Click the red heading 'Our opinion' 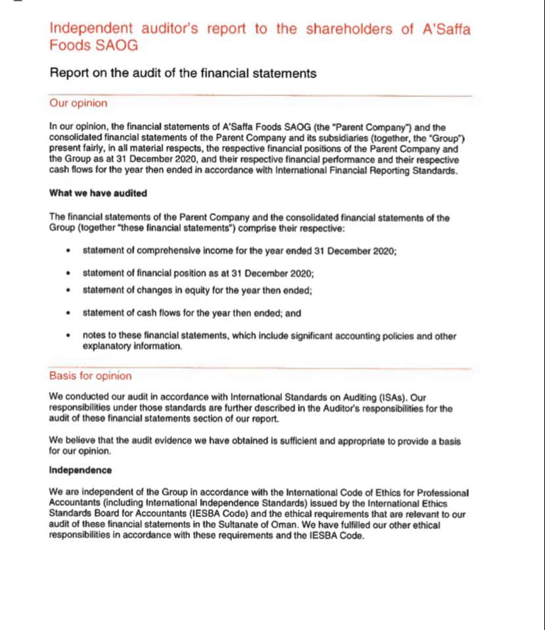coord(78,103)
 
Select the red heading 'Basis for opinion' coord(90,376)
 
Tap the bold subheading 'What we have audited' coord(98,193)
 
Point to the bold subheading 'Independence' coord(80,470)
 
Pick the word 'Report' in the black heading coord(70,73)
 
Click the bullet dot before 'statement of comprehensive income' coord(68,251)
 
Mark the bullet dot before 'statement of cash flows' coord(68,313)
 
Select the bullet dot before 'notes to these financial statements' coord(68,335)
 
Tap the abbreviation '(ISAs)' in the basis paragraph coord(394,397)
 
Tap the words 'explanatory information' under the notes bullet coord(132,347)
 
